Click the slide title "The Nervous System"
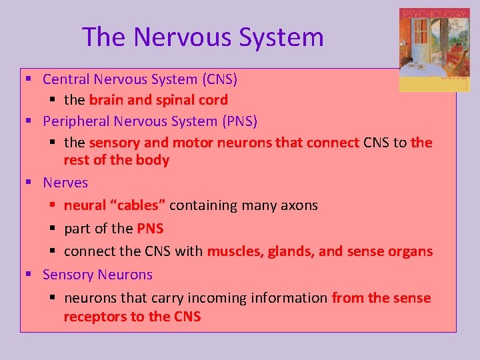(x=203, y=37)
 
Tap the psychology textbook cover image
(x=433, y=50)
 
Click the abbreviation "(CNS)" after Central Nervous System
(x=220, y=79)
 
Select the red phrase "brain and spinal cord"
(x=159, y=100)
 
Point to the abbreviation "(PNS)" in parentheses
(x=240, y=121)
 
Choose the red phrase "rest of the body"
(x=117, y=160)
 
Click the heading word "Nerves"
(x=65, y=183)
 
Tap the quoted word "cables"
(x=141, y=205)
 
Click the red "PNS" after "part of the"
(x=150, y=229)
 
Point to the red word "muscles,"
(x=235, y=252)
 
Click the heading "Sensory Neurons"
(x=97, y=275)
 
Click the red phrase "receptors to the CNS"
(x=132, y=317)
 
